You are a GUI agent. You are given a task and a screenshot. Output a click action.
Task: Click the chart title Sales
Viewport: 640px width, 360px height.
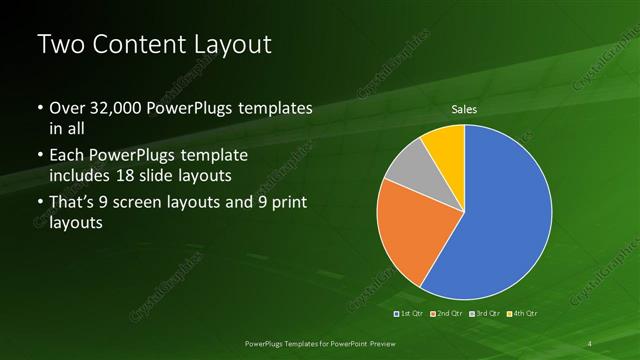pyautogui.click(x=464, y=109)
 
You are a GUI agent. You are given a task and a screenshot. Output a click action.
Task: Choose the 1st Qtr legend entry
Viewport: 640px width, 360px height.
pyautogui.click(x=410, y=315)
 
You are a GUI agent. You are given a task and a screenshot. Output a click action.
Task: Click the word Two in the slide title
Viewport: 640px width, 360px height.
pyautogui.click(x=61, y=45)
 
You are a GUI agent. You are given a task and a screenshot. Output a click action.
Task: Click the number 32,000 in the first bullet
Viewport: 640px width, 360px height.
pyautogui.click(x=124, y=107)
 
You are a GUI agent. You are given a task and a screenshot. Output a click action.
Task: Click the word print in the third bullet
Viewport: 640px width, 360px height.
pyautogui.click(x=289, y=205)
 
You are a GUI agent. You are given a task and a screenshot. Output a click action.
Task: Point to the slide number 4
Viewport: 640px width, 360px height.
pyautogui.click(x=591, y=343)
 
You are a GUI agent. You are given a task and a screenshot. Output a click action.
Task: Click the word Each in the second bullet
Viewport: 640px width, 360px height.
pyautogui.click(x=68, y=157)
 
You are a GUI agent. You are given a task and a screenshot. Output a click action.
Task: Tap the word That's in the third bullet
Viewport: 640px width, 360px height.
pyautogui.click(x=75, y=205)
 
